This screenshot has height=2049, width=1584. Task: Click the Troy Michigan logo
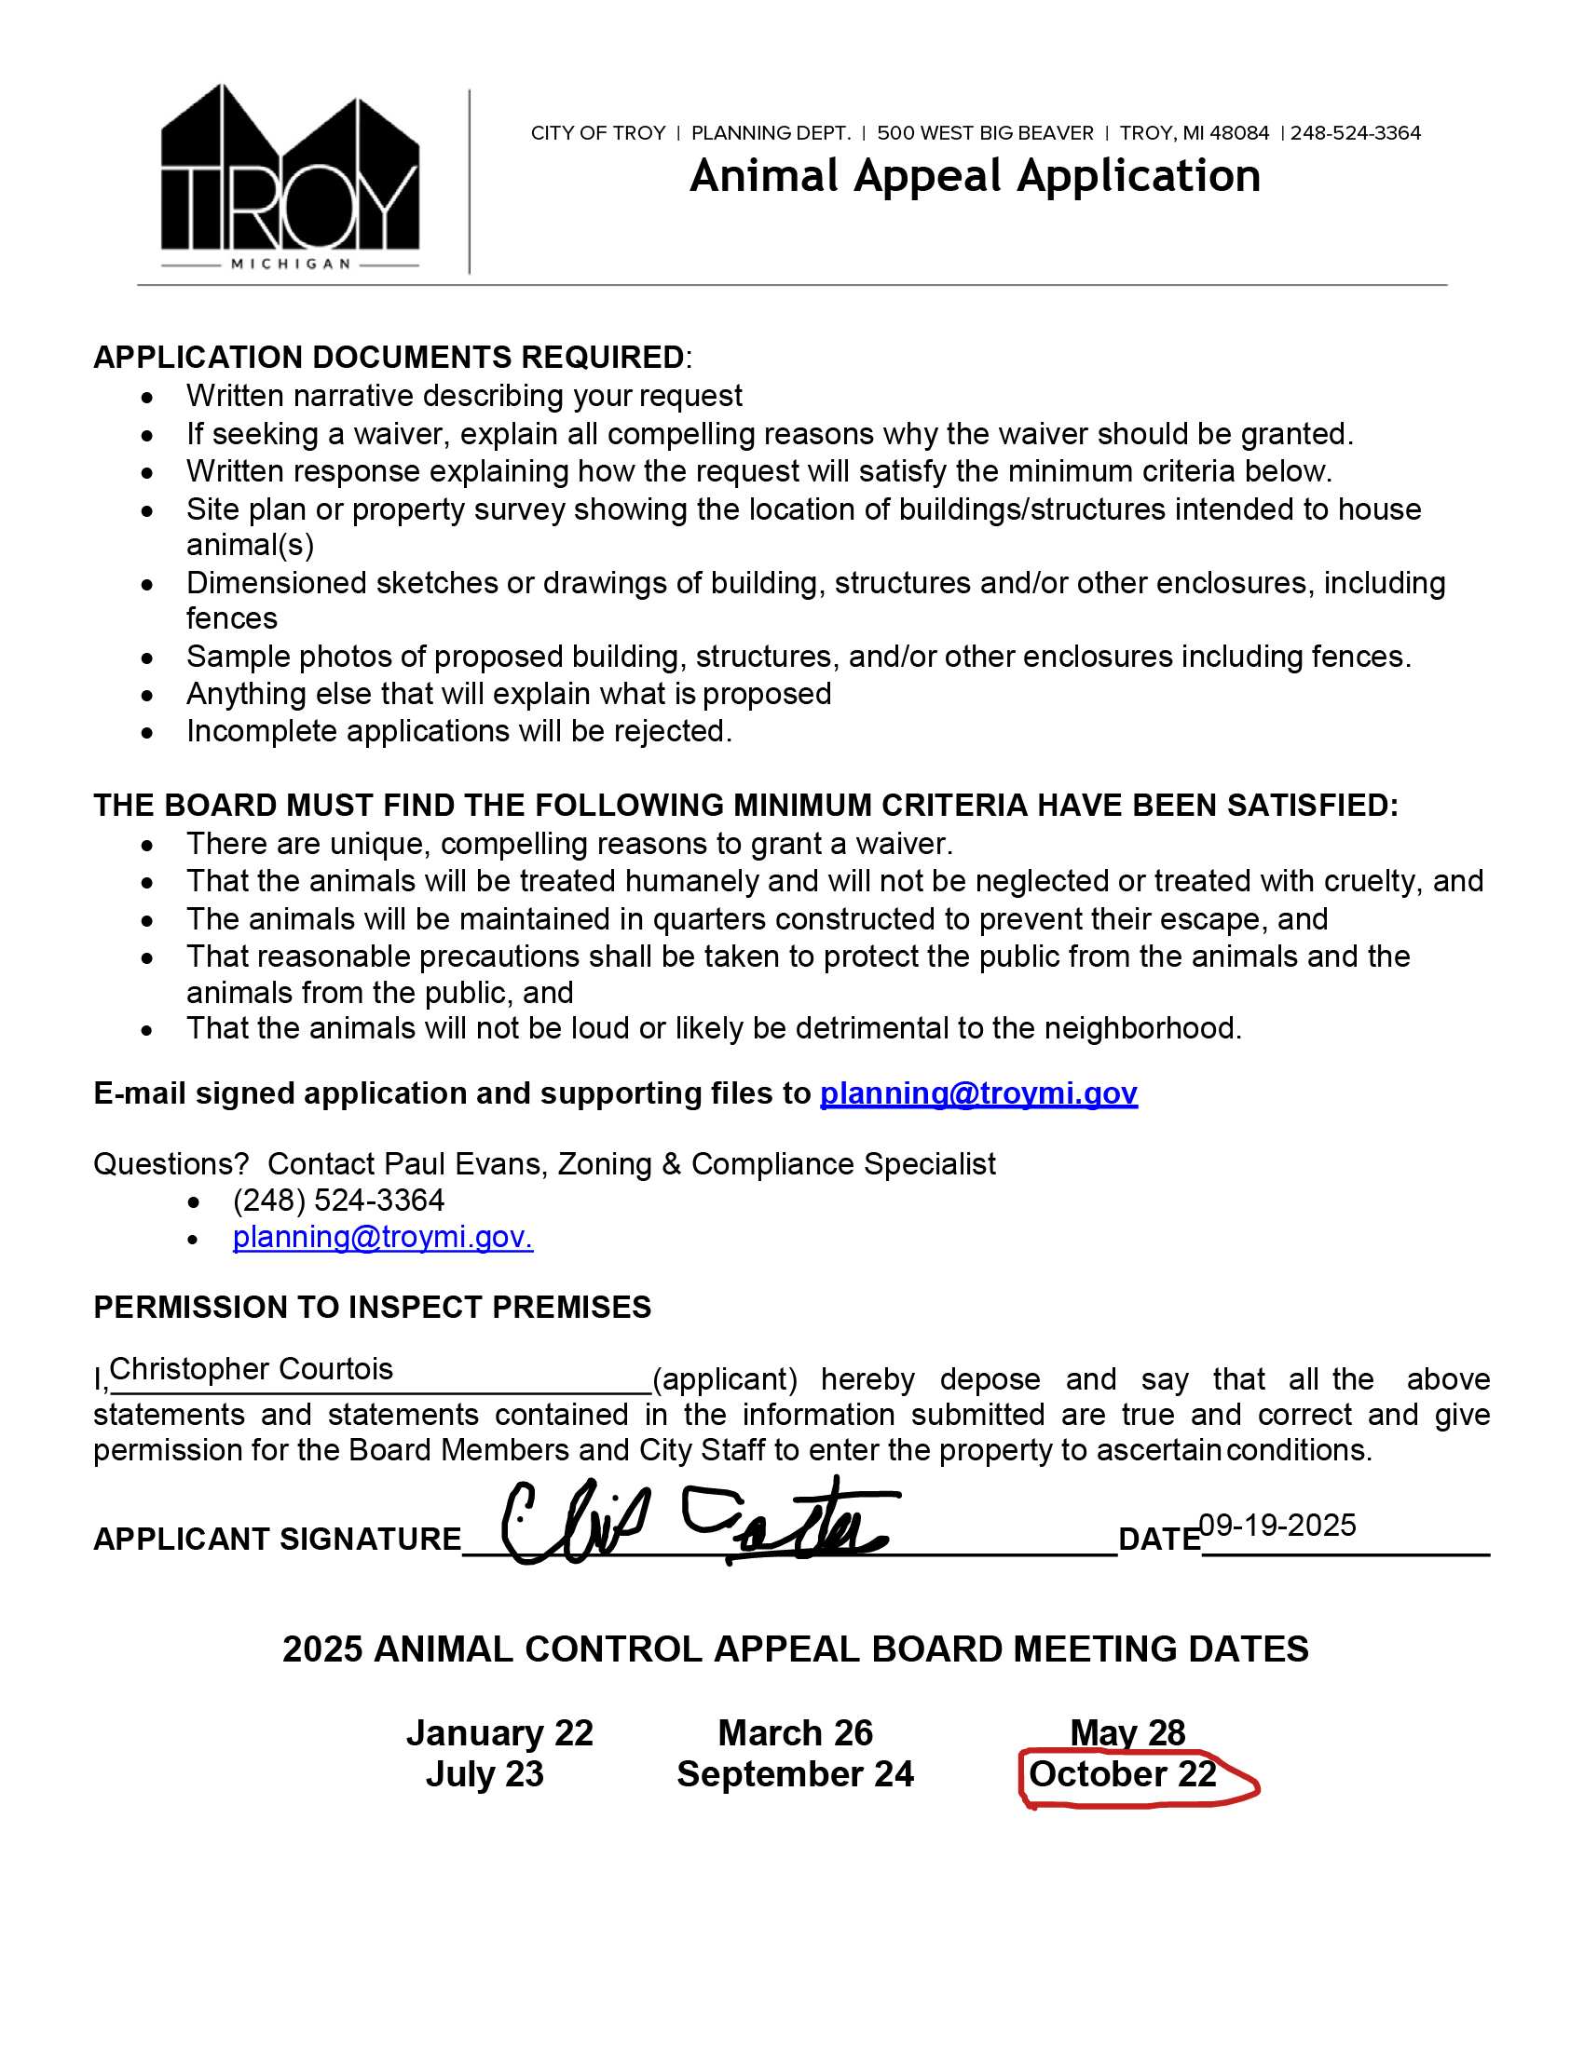click(x=290, y=178)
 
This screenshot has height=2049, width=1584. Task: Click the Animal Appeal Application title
click(x=974, y=176)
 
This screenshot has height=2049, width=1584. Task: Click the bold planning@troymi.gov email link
click(x=977, y=1094)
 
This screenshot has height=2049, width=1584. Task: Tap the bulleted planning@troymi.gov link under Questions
click(x=382, y=1238)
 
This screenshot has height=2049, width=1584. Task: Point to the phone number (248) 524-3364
click(x=338, y=1201)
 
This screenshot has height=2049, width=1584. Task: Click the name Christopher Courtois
click(x=252, y=1370)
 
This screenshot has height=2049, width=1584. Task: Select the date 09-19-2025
click(x=1277, y=1526)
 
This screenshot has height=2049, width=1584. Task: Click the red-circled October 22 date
click(x=1123, y=1775)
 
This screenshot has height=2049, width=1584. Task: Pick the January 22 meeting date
click(x=499, y=1734)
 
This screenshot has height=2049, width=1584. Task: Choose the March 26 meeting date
click(x=795, y=1734)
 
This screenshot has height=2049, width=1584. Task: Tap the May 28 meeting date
click(x=1127, y=1734)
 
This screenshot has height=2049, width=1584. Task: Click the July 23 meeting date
click(x=485, y=1775)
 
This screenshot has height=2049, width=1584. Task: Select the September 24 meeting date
click(x=795, y=1775)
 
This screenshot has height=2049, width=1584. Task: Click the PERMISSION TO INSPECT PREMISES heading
click(x=372, y=1308)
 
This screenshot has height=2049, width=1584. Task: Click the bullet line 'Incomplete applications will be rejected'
click(x=458, y=732)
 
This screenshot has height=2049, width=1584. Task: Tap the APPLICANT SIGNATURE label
click(x=277, y=1540)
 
